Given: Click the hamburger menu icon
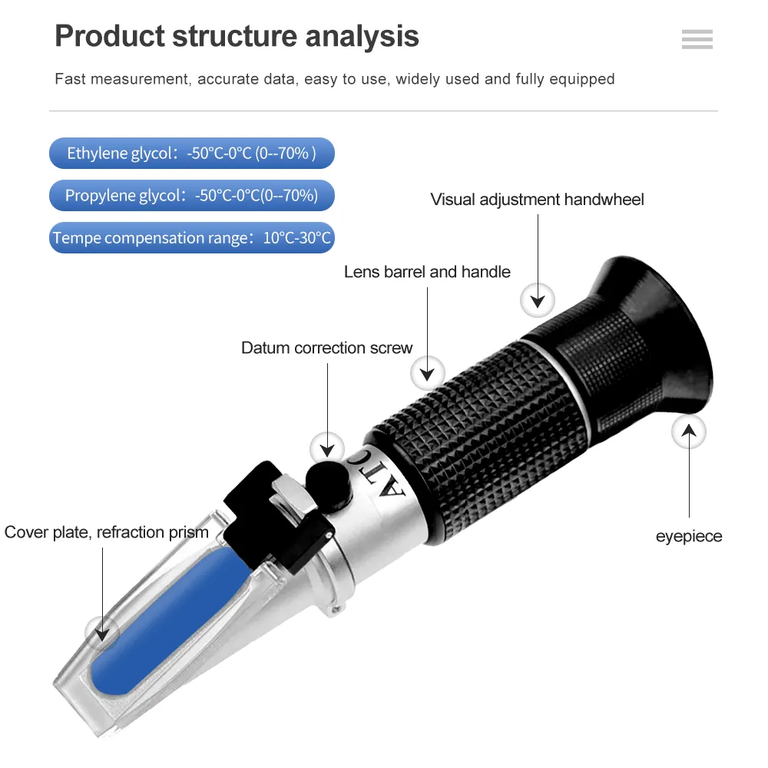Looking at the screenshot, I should point(697,39).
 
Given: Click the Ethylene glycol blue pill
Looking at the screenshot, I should point(192,154).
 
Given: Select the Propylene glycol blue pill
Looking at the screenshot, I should point(192,196).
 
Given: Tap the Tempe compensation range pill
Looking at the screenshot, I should point(192,238).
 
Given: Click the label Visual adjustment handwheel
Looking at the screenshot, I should point(537,200).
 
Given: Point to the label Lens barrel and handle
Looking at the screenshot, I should point(427,272).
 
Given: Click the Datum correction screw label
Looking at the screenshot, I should point(327,348).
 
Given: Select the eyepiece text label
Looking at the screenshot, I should point(689,536).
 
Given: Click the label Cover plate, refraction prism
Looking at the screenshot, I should point(106,532).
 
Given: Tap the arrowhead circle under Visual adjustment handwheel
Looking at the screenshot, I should point(538,299).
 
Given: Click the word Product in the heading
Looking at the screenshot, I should point(110,36).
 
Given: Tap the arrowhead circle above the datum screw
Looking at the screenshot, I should point(327,447).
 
